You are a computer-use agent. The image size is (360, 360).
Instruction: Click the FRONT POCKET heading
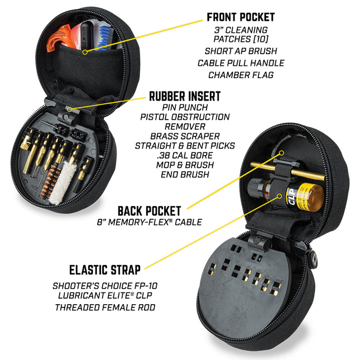(x=241, y=17)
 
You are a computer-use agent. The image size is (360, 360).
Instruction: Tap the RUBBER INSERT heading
(x=185, y=97)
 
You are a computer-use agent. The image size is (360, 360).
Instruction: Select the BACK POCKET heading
(x=149, y=211)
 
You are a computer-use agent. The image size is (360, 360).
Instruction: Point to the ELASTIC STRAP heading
(x=105, y=270)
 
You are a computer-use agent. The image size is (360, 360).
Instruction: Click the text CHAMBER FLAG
(x=241, y=75)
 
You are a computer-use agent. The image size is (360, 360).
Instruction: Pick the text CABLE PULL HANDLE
(x=241, y=63)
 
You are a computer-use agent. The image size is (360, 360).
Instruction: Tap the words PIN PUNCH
(x=185, y=107)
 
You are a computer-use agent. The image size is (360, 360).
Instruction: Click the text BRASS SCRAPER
(x=185, y=136)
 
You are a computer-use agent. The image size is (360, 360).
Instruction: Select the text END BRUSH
(x=185, y=174)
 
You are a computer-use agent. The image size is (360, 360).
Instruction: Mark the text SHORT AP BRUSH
(x=241, y=51)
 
